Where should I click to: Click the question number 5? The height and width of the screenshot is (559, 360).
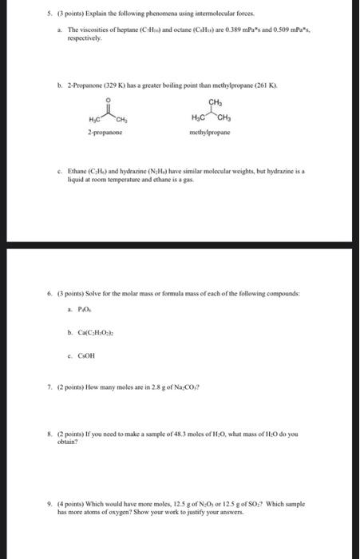click(x=27, y=13)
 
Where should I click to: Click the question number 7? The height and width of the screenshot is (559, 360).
click(x=27, y=383)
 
